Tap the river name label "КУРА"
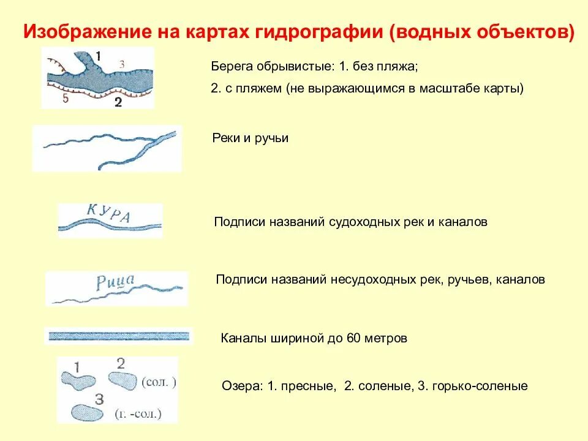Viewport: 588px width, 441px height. click(109, 213)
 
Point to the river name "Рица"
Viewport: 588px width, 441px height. click(116, 282)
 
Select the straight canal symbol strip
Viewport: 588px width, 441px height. click(119, 336)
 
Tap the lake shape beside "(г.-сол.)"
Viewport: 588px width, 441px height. click(86, 412)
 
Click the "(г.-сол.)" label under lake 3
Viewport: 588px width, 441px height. click(138, 414)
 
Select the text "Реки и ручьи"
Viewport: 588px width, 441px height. click(250, 138)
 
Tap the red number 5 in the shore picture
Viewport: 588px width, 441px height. click(65, 99)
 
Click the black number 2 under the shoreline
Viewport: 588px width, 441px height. click(118, 103)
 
